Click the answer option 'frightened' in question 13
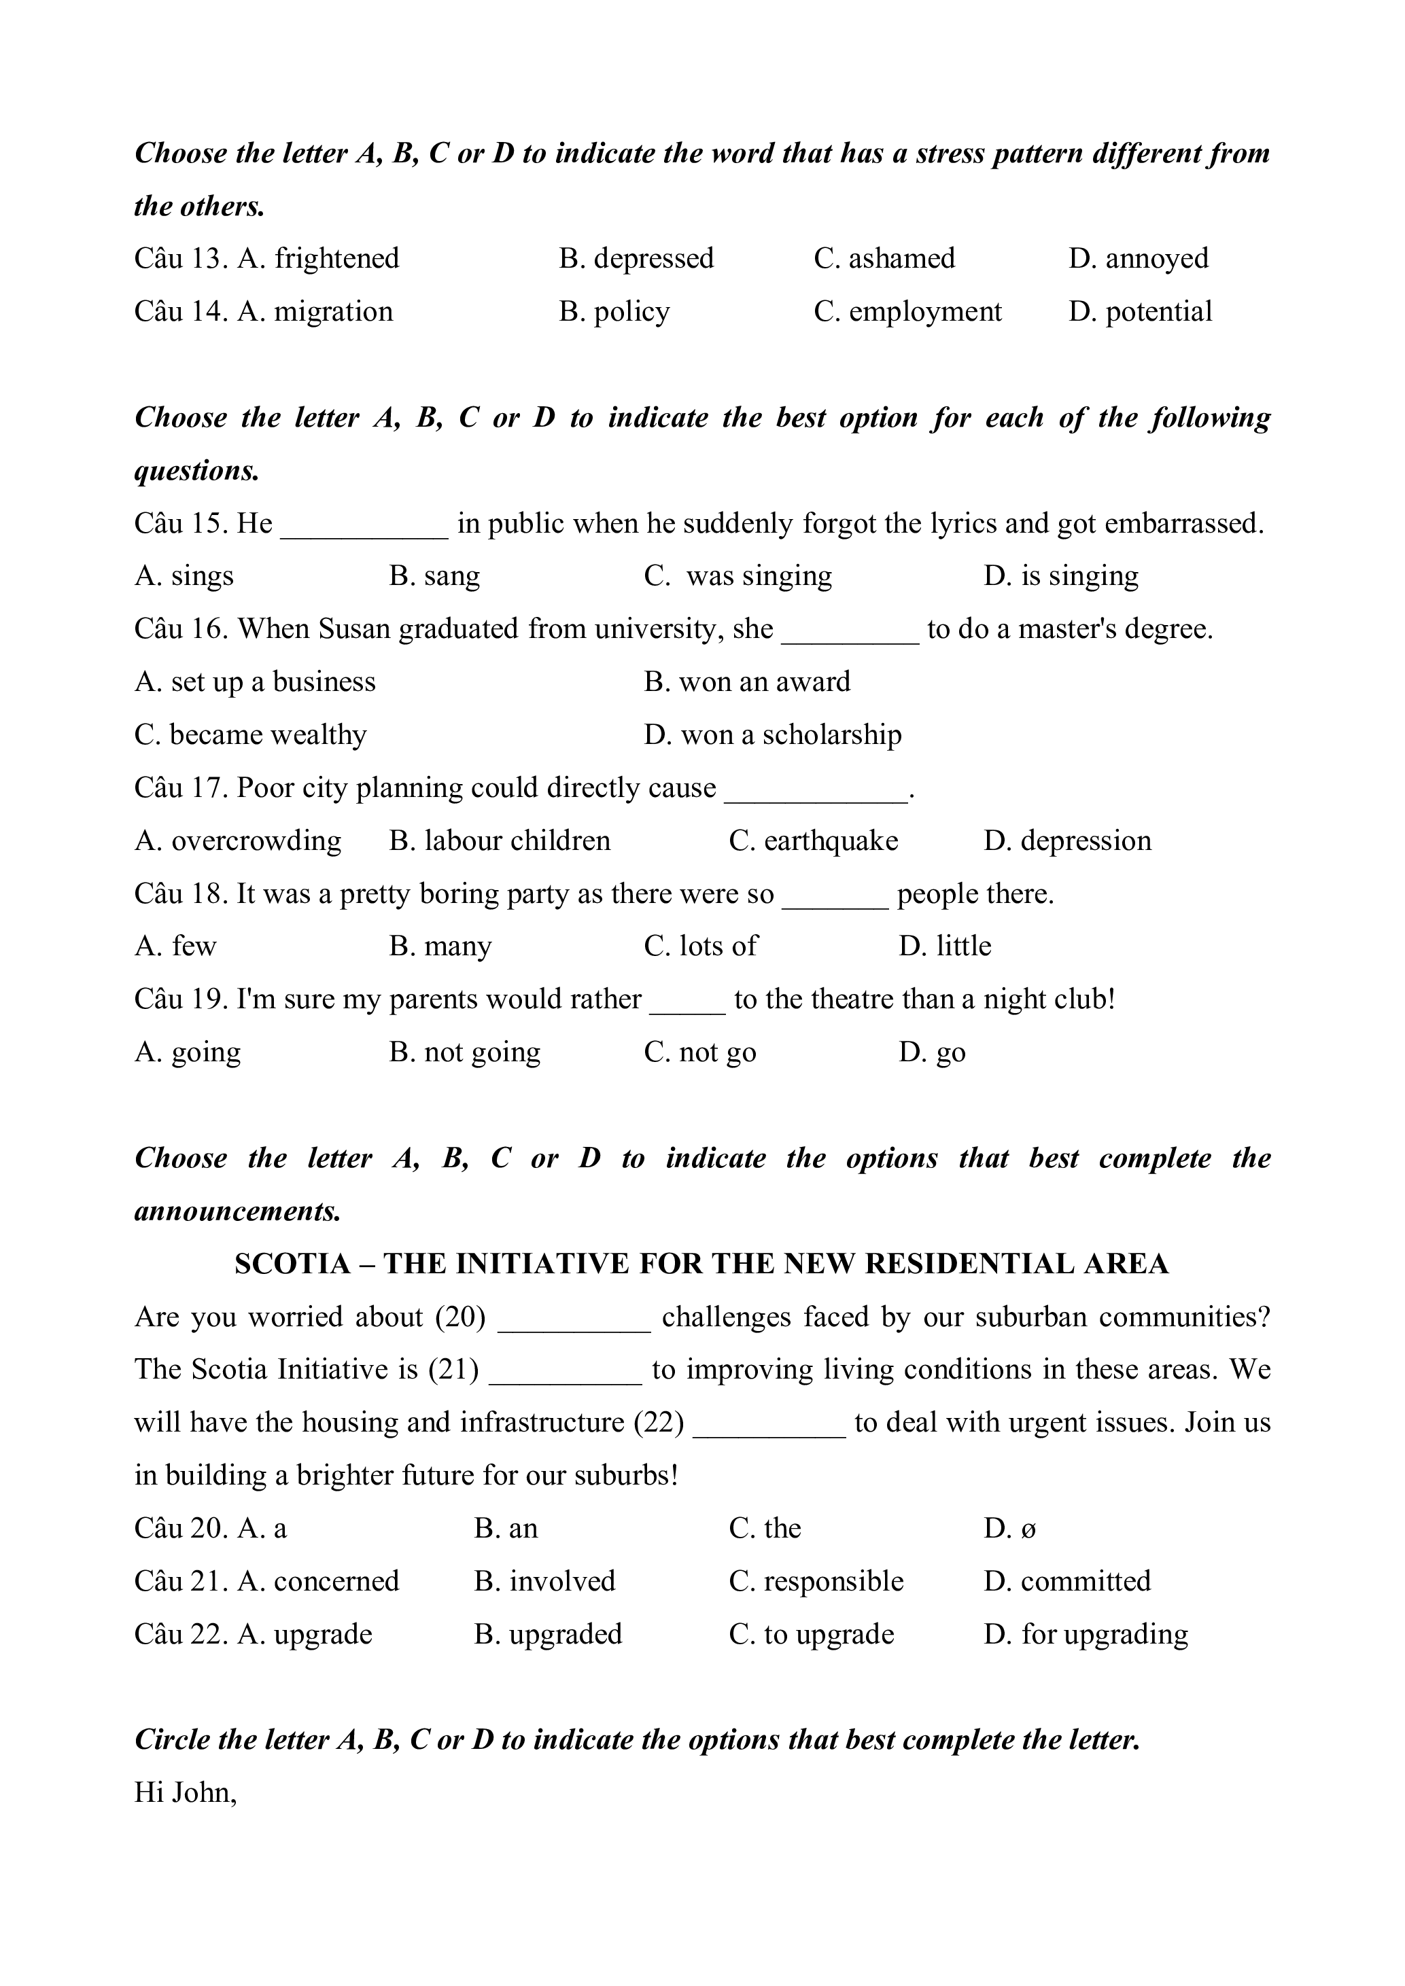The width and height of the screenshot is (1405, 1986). click(336, 259)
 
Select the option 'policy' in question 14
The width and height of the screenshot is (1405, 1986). click(631, 311)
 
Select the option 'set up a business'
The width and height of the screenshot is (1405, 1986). click(273, 682)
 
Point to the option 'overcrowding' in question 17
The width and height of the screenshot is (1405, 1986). click(256, 840)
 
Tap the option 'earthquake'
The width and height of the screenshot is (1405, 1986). click(831, 840)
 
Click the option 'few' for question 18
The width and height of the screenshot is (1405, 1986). click(194, 946)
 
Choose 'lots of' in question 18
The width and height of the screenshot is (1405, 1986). click(718, 946)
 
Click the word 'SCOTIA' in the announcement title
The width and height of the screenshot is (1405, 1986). click(292, 1264)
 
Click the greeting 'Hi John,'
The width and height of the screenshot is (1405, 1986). click(185, 1793)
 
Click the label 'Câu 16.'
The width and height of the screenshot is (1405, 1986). click(181, 629)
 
